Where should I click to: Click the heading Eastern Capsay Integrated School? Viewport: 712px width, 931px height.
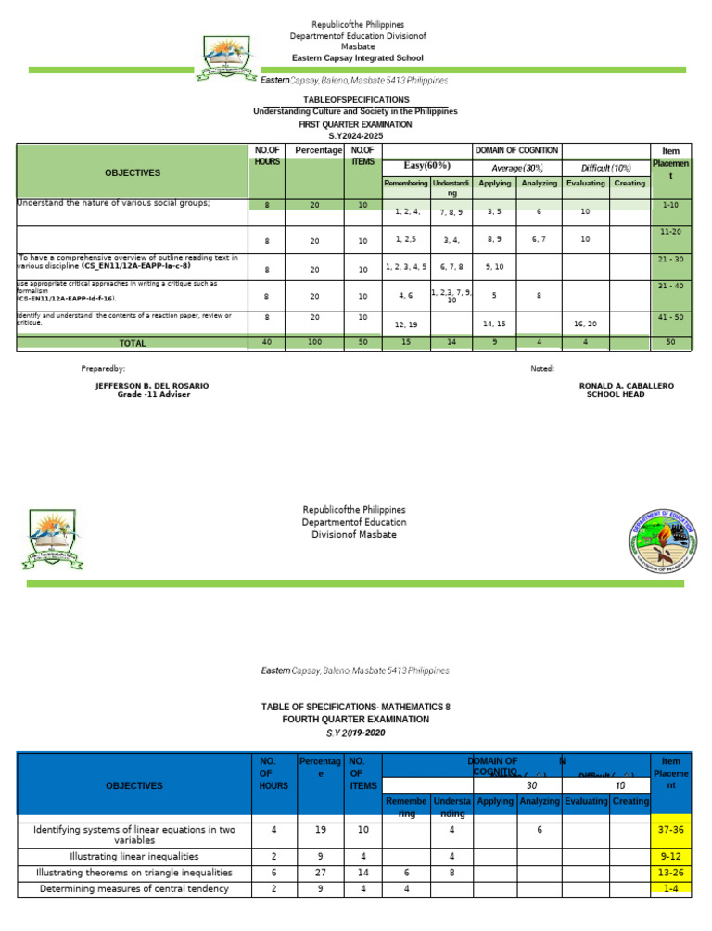click(357, 58)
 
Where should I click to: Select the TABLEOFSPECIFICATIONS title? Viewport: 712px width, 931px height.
click(357, 99)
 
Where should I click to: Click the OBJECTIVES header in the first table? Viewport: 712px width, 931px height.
click(132, 172)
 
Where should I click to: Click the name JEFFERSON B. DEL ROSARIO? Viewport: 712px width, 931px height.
click(152, 385)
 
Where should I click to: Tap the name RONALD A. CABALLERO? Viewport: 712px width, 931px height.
click(627, 385)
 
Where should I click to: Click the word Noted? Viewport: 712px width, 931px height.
click(542, 368)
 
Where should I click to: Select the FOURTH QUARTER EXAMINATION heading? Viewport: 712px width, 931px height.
click(356, 719)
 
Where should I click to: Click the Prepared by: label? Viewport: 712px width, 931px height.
click(104, 368)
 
